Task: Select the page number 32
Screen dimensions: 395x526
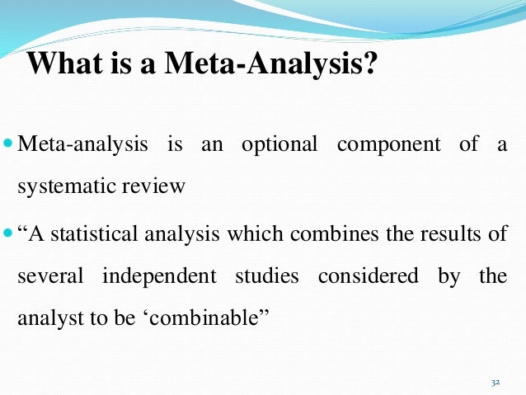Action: [x=495, y=383]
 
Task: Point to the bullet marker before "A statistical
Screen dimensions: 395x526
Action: [x=8, y=233]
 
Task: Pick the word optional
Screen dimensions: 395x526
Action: [x=279, y=145]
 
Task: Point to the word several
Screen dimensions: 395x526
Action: [x=49, y=275]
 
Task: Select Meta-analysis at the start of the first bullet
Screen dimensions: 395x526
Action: [x=72, y=145]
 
